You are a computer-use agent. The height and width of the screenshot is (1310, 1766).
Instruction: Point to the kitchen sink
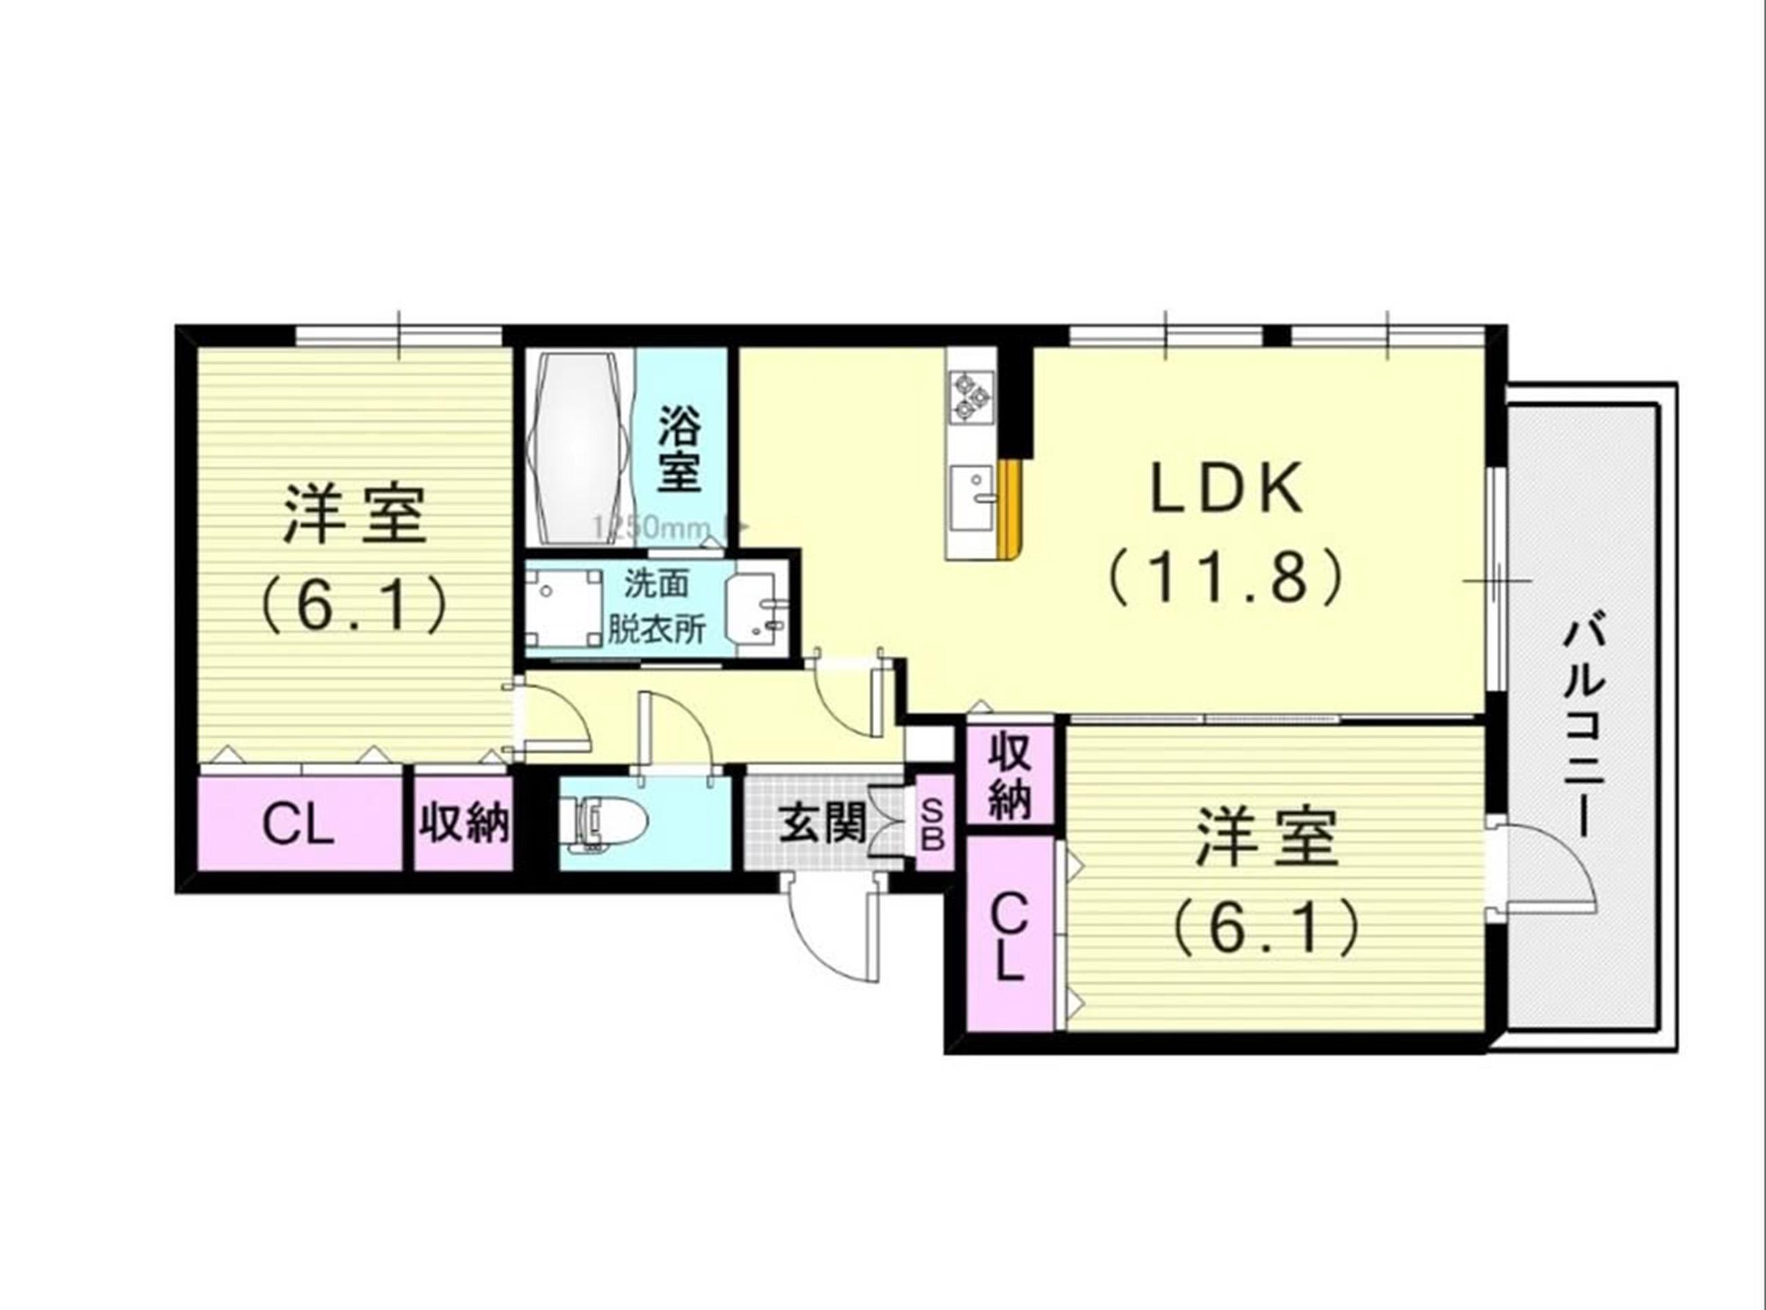click(x=973, y=498)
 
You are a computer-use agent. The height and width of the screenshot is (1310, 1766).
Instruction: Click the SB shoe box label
click(x=933, y=825)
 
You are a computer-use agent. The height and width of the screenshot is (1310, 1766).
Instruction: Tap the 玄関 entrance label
click(x=821, y=825)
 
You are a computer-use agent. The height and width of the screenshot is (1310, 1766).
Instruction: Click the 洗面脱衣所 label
click(x=657, y=607)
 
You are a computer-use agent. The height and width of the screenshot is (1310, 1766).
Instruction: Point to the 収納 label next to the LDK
click(x=1009, y=777)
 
